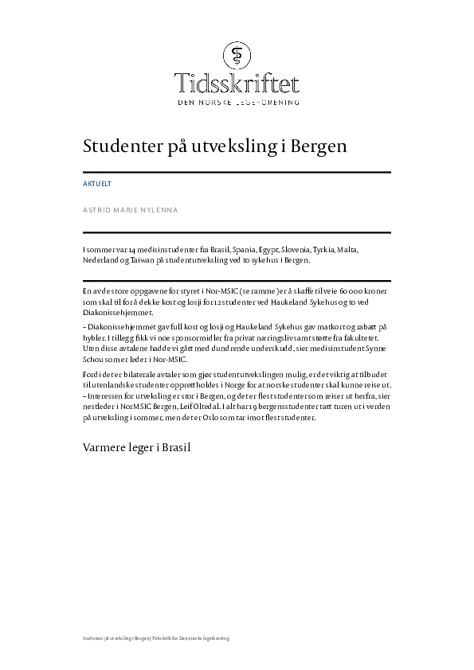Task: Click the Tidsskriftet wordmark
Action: point(237,83)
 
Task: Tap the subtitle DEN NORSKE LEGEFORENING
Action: point(237,103)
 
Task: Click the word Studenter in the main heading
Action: point(119,148)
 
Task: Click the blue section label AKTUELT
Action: point(97,184)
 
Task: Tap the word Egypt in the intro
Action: point(255,249)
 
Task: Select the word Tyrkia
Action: point(326,249)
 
